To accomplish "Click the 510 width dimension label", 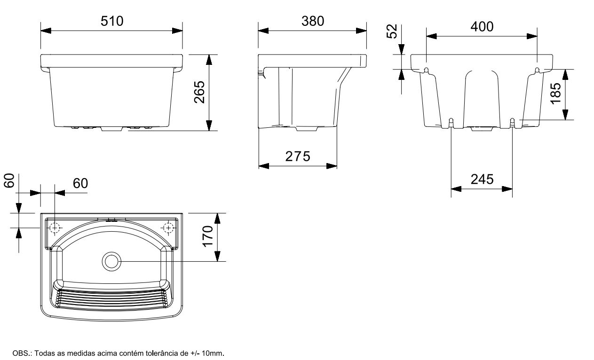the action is pos(112,21).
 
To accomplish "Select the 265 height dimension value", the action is pos(199,92).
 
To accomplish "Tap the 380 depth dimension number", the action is pos(313,21).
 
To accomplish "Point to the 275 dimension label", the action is pos(298,157).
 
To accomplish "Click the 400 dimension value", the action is pos(482,27).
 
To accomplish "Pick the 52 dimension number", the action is pos(392,31).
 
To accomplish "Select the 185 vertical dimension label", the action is pos(556,94).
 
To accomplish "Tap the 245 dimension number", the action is pos(482,180).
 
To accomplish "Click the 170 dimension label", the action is pos(207,236).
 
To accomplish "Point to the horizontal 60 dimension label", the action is pos(80,183).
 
